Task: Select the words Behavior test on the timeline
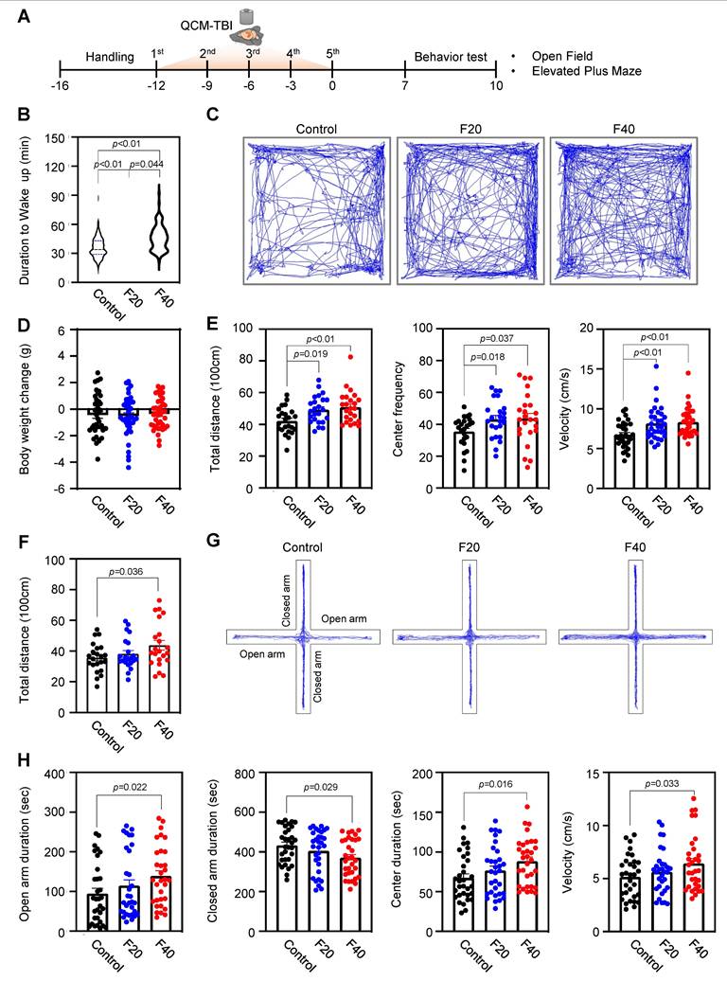tap(452, 57)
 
